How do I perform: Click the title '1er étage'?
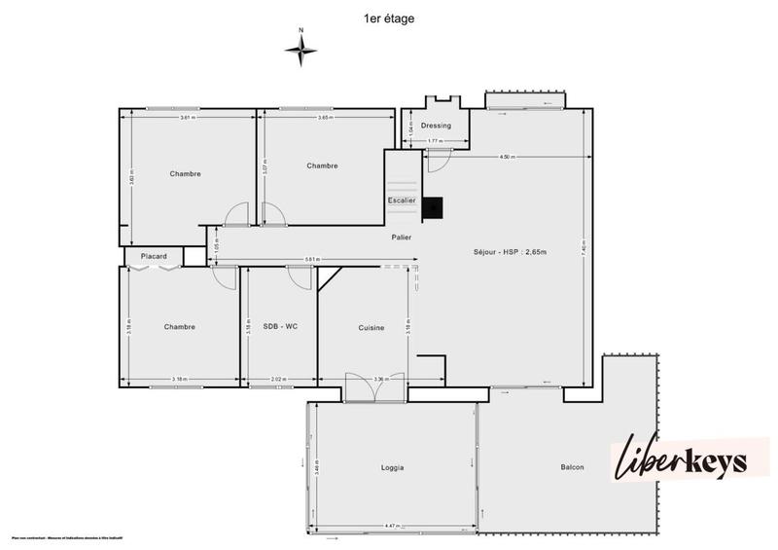coord(388,17)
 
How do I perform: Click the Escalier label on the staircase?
coord(402,201)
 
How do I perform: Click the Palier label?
coord(401,237)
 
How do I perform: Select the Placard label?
coord(154,257)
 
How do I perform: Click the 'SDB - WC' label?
coord(280,326)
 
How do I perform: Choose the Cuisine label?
coord(371,328)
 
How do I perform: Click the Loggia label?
coord(392,468)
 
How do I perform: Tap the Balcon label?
coord(572,468)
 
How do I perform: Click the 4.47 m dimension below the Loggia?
coord(392,527)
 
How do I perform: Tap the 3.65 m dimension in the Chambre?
coord(325,117)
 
